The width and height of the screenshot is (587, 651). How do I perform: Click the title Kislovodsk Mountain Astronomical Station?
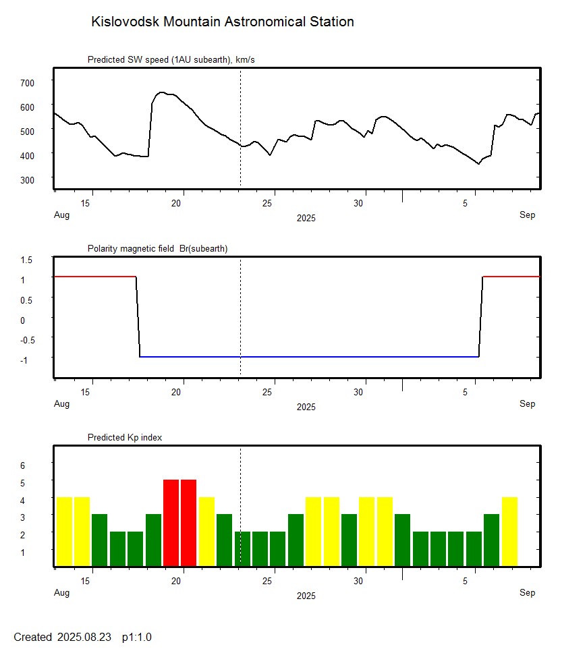(222, 22)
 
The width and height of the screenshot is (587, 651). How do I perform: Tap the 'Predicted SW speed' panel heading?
(171, 60)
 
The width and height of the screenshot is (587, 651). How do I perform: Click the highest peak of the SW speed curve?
(161, 92)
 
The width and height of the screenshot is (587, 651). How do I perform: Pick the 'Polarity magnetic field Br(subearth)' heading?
(157, 249)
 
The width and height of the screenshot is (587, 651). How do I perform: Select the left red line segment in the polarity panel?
(94, 277)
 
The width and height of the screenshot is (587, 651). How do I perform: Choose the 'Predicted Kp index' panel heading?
(125, 438)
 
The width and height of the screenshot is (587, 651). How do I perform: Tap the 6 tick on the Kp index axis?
(22, 465)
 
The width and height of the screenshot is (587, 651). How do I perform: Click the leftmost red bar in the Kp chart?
(171, 522)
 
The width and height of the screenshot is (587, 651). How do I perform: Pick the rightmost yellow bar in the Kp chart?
(509, 531)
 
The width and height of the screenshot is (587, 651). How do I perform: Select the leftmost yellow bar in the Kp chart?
(64, 531)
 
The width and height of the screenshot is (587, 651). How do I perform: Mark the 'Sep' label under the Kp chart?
(527, 593)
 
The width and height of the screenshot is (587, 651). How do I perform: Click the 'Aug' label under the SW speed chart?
(61, 215)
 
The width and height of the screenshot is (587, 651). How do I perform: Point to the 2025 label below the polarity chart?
(306, 407)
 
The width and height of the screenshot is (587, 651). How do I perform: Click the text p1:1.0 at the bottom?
(137, 637)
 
